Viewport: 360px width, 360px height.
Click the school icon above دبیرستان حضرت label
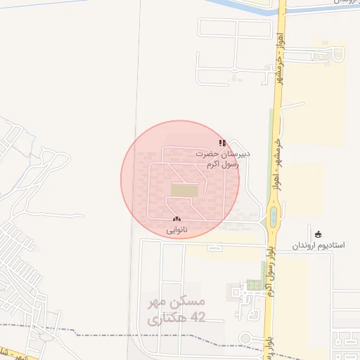[222, 143]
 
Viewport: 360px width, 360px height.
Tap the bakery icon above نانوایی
[176, 220]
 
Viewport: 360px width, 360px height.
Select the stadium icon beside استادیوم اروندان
[319, 234]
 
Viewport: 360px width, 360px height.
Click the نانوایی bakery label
[176, 230]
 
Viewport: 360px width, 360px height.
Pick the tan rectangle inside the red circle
[184, 190]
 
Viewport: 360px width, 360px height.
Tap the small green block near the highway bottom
[253, 285]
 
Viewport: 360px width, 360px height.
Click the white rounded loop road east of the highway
[339, 54]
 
